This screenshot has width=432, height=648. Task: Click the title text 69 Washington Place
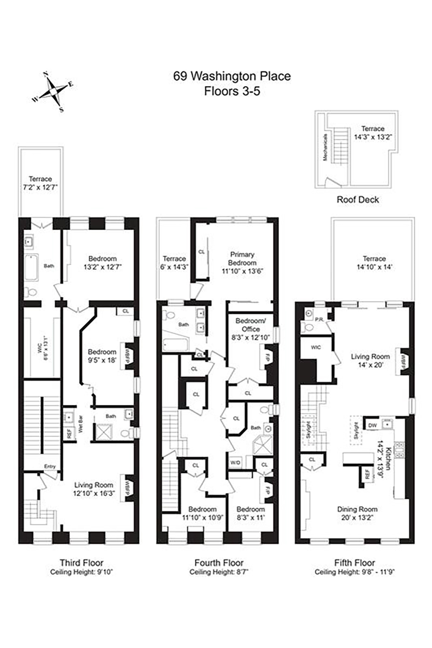coord(232,76)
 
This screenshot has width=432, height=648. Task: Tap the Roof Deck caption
coord(357,199)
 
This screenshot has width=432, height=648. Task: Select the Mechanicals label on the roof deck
coord(325,147)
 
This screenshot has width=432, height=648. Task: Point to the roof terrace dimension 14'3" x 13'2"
coord(373,137)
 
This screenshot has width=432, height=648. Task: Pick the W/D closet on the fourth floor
coord(235,462)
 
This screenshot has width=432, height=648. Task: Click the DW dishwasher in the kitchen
coord(372,425)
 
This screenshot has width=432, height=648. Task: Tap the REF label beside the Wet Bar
coord(69,434)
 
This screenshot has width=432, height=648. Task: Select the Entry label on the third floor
coord(50,466)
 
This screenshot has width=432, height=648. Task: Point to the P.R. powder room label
coord(319,319)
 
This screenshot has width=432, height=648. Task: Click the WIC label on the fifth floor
coord(316,347)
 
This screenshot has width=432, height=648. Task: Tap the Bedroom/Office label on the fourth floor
coord(251,325)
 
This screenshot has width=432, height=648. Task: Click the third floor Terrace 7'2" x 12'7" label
coord(40,183)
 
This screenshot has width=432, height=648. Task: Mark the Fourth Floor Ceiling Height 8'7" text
coord(219,572)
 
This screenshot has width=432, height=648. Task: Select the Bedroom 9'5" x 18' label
coord(102,356)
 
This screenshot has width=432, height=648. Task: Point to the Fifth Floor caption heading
coord(354,562)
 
